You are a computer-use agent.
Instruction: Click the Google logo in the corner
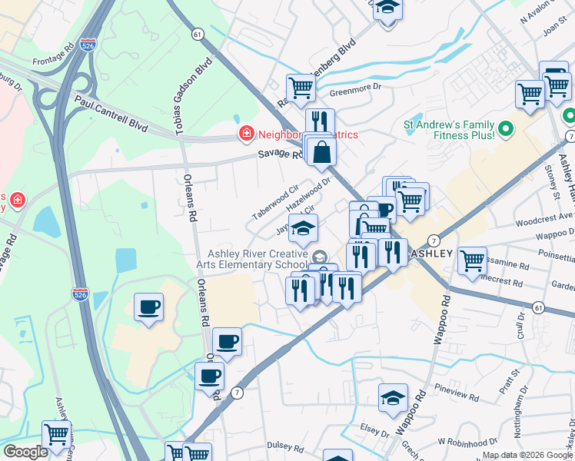[x=25, y=452]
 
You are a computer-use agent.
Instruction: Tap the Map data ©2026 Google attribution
[x=527, y=455]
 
